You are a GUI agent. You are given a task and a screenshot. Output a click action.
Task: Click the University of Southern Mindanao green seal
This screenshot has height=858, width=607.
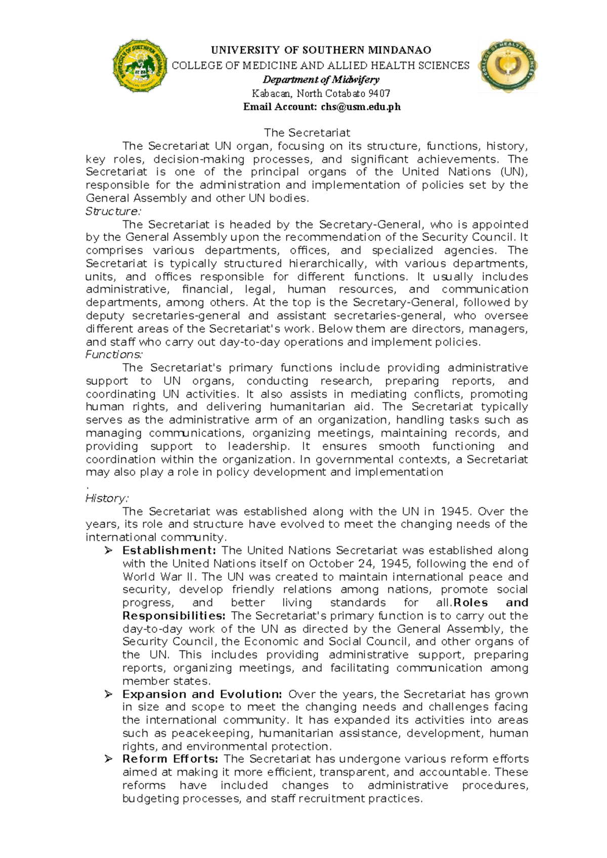point(140,66)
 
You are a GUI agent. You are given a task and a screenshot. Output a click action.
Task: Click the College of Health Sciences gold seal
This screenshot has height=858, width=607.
point(508,66)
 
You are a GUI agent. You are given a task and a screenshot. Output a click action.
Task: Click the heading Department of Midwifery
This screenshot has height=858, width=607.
point(321,79)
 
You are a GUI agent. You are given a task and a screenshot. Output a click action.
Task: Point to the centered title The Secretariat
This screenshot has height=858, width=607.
point(307,133)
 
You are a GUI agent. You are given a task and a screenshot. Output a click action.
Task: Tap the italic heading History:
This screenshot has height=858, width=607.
point(107,498)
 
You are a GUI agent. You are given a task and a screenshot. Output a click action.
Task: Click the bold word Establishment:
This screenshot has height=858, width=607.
point(169,550)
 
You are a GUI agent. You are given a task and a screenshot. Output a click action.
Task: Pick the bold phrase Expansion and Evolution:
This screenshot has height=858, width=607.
point(202,694)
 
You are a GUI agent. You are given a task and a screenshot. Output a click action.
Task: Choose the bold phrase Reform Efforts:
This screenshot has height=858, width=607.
point(170,759)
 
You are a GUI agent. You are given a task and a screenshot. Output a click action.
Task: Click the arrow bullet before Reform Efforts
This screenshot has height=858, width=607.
point(108,759)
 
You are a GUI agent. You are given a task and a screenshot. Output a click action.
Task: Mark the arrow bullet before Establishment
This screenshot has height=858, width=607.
point(108,550)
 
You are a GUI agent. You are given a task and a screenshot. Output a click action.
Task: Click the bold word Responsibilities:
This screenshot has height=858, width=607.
point(174,616)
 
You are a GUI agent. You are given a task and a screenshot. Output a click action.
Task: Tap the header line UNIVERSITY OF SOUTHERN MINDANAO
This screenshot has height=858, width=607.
point(321,50)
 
